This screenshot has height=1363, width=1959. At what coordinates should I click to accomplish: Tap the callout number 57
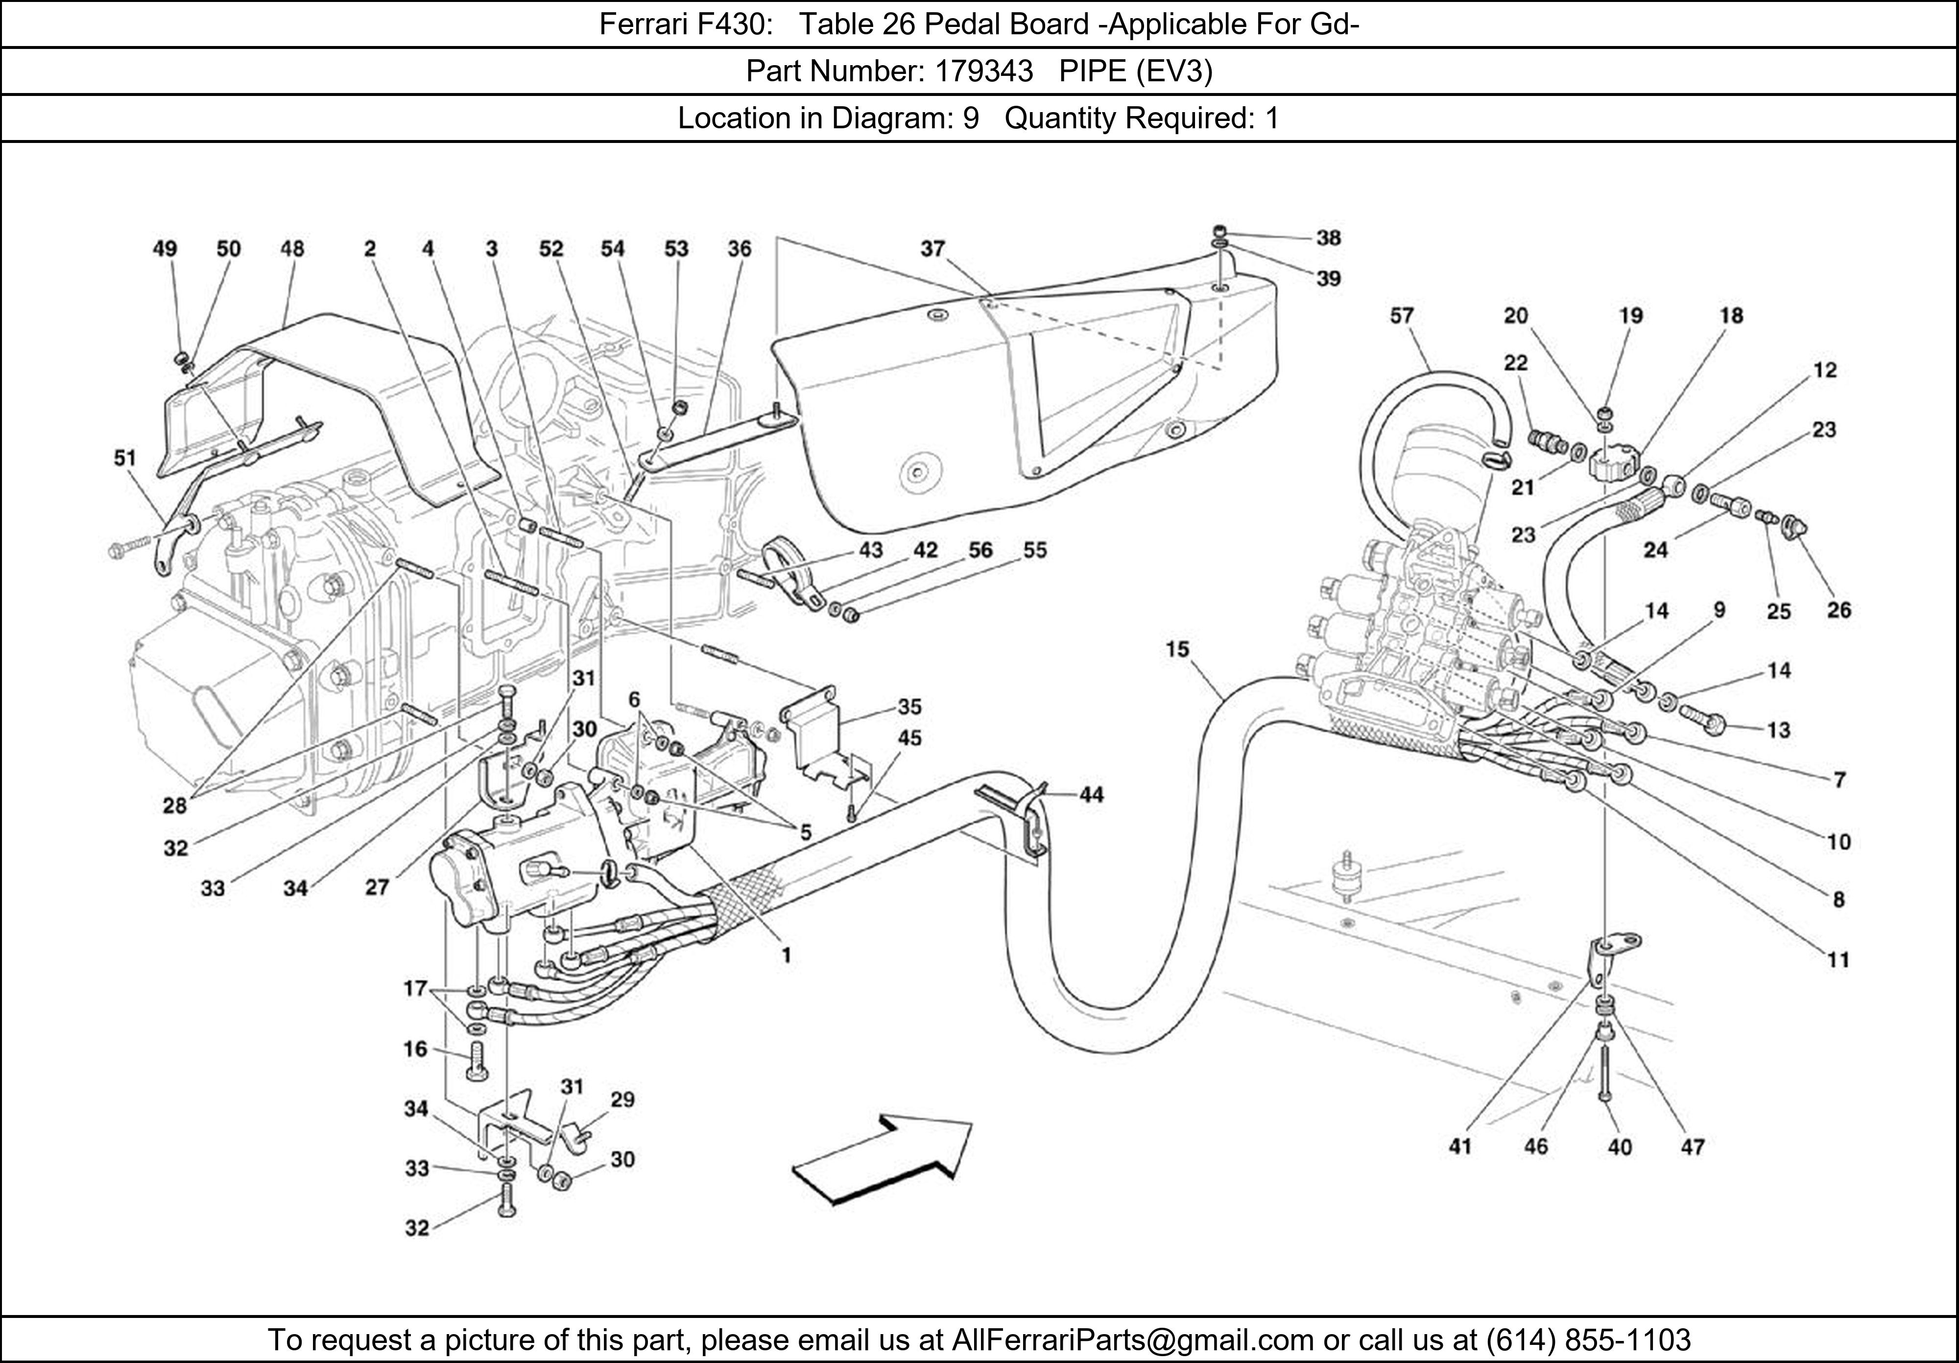click(1402, 316)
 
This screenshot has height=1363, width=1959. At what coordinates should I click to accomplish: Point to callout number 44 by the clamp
click(1091, 795)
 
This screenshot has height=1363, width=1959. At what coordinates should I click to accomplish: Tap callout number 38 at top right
click(1329, 238)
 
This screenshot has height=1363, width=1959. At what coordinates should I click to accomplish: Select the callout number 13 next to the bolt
click(1778, 730)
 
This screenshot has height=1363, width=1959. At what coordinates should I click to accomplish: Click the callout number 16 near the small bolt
click(415, 1048)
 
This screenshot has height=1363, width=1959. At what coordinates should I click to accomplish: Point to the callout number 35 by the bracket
click(909, 707)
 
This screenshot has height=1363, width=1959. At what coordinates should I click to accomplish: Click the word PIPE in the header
click(1093, 71)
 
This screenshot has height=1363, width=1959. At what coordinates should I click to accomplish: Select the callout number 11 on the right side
click(1838, 961)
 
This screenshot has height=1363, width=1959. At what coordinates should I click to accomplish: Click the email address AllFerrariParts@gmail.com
click(1132, 1340)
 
